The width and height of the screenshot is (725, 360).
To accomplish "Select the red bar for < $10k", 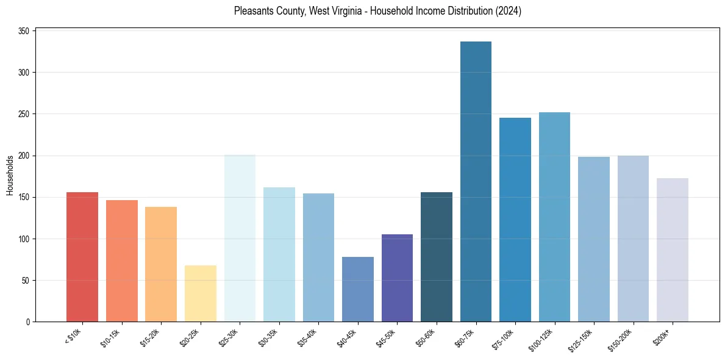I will click(x=82, y=257).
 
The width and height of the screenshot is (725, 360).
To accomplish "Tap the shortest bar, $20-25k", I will click(x=201, y=293).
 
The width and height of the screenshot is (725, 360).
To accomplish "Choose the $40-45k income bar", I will click(x=358, y=289).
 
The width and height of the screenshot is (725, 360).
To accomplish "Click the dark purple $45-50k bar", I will click(x=397, y=278).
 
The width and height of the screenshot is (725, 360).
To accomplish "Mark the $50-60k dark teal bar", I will click(x=437, y=257).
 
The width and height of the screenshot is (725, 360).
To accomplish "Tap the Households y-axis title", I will click(x=10, y=175).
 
